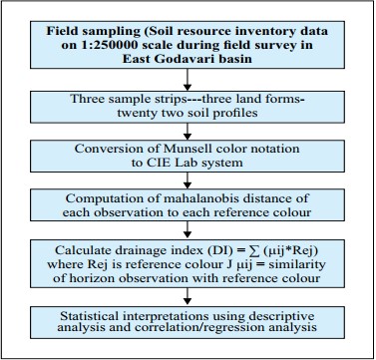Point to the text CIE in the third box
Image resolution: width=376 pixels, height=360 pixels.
157,163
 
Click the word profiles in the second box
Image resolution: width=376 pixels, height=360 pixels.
232,113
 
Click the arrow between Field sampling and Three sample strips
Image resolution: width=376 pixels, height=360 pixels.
188,80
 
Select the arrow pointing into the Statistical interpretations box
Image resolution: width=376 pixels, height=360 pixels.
188,296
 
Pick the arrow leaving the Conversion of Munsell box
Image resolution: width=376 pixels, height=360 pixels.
188,180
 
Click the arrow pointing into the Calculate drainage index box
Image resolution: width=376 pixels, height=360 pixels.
188,230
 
